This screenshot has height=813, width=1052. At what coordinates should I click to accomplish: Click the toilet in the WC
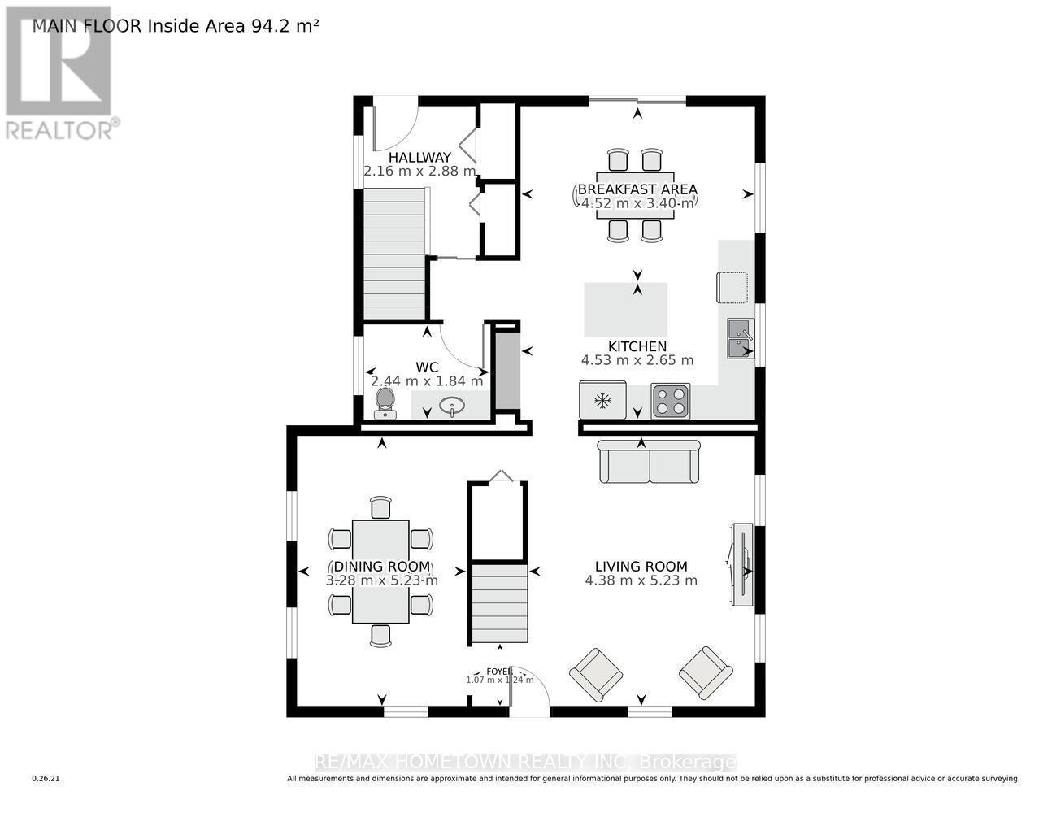pyautogui.click(x=385, y=402)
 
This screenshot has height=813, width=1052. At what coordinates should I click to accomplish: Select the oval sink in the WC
pyautogui.click(x=451, y=406)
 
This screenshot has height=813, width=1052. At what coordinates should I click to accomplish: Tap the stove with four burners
pyautogui.click(x=670, y=401)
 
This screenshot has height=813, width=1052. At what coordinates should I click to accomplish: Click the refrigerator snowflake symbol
pyautogui.click(x=602, y=401)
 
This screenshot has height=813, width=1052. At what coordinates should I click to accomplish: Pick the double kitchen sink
pyautogui.click(x=740, y=338)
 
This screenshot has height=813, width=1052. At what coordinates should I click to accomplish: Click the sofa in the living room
pyautogui.click(x=649, y=463)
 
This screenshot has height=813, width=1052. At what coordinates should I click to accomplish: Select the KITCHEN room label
pyautogui.click(x=637, y=346)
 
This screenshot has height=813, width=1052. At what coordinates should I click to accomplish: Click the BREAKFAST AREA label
pyautogui.click(x=637, y=189)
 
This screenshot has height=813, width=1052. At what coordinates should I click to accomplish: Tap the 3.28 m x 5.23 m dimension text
pyautogui.click(x=381, y=580)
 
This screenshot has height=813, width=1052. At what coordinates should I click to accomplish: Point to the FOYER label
pyautogui.click(x=498, y=671)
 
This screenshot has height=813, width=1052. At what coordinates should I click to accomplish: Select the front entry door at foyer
pyautogui.click(x=530, y=698)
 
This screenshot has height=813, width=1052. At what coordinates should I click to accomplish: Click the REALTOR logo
pyautogui.click(x=59, y=73)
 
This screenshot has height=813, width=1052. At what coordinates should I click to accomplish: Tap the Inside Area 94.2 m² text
pyautogui.click(x=233, y=25)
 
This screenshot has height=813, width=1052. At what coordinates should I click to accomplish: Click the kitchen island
pyautogui.click(x=626, y=309)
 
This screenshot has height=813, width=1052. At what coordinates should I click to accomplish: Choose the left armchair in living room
pyautogui.click(x=596, y=674)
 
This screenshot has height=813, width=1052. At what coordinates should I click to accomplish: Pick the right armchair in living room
pyautogui.click(x=706, y=672)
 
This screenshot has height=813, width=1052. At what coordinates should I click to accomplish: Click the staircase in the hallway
pyautogui.click(x=394, y=254)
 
